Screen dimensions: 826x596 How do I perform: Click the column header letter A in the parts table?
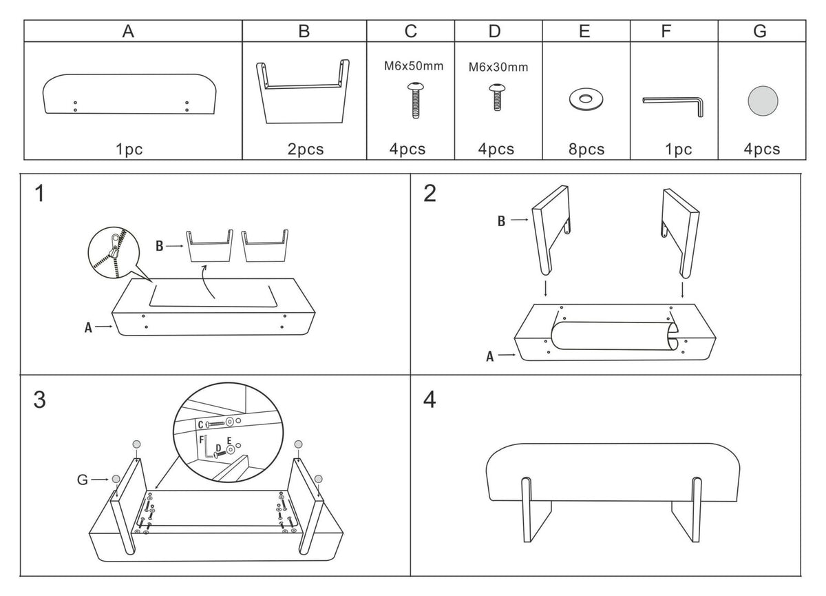tap(128, 32)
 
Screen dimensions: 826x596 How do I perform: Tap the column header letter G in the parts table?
tap(760, 32)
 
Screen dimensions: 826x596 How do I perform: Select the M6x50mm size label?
tap(414, 66)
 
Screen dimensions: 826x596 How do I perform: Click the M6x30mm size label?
tap(498, 67)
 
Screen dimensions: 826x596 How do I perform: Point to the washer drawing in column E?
tap(586, 99)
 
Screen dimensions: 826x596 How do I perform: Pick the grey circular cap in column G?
tap(763, 101)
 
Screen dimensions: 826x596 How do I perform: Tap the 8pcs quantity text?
tap(586, 150)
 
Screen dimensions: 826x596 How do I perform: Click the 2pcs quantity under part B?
tap(306, 150)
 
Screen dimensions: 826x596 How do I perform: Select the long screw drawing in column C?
tap(416, 100)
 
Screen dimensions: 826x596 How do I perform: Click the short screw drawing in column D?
tap(497, 97)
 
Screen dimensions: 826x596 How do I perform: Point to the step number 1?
tap(40, 194)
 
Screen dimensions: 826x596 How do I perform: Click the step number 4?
tap(430, 400)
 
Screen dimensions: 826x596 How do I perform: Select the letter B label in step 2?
tap(501, 221)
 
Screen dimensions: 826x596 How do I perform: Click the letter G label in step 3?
tap(82, 480)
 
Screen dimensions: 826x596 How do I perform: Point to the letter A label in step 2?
tap(489, 356)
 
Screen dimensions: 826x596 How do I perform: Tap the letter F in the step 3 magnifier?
tap(201, 440)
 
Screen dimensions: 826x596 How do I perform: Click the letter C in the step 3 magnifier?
tap(200, 424)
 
